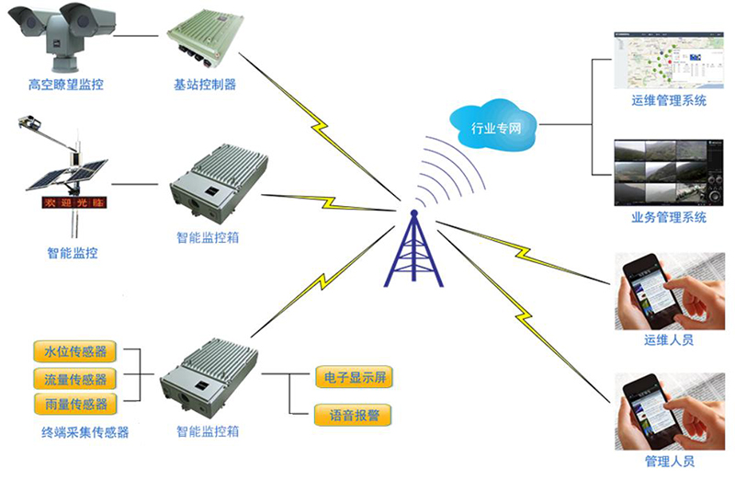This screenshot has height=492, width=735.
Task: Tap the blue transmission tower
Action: [x=413, y=252]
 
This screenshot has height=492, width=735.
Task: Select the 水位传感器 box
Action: [x=75, y=352]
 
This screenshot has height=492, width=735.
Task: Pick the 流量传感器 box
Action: [x=75, y=378]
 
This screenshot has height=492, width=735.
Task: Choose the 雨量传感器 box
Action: [x=75, y=404]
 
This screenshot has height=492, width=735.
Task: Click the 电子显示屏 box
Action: [x=354, y=377]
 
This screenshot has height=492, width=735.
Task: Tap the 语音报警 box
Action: [x=354, y=416]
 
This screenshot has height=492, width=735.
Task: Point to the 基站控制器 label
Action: [x=205, y=85]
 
